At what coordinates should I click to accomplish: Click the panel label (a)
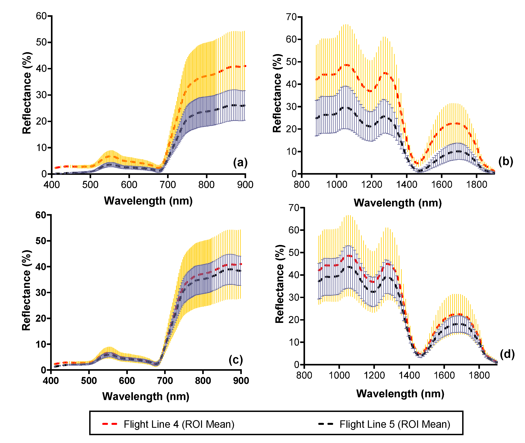(240, 163)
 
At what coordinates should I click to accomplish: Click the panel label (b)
(506, 161)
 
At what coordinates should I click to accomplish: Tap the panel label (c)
(236, 360)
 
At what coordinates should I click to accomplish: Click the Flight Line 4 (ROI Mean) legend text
(179, 424)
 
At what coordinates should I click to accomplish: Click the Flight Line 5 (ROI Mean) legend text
(395, 424)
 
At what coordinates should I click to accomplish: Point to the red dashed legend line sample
(110, 424)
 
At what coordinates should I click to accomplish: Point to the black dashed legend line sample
(326, 424)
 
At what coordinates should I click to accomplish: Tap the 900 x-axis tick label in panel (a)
(245, 185)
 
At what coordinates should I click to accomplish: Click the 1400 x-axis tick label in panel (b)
(407, 185)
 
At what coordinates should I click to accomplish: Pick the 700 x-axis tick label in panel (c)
(165, 381)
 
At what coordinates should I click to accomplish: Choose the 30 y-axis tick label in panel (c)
(41, 293)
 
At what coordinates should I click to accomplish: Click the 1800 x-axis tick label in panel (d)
(479, 375)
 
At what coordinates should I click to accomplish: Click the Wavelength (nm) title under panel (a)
(148, 201)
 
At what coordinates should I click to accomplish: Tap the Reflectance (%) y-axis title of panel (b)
(277, 93)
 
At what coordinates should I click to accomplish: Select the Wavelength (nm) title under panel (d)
(400, 394)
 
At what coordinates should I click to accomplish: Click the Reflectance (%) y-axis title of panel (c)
(26, 290)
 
